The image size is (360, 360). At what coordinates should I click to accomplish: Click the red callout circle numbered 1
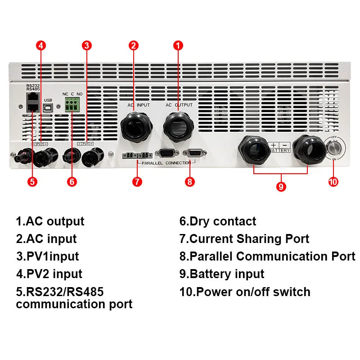(179, 45)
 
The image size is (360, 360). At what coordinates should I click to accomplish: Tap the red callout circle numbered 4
(41, 45)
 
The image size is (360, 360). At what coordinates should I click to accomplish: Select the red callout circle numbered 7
(138, 182)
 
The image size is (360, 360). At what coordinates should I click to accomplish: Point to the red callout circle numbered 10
(333, 182)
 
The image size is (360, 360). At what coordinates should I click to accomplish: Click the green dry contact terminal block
(72, 106)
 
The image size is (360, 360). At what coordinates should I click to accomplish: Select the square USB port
(48, 107)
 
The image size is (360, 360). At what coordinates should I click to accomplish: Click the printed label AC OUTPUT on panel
(179, 105)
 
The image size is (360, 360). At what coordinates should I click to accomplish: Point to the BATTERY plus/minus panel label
(279, 148)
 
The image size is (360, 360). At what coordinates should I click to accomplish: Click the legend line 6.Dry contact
(218, 221)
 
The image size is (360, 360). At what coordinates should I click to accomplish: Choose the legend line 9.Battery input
(222, 274)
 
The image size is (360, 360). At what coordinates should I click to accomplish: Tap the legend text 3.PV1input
(47, 256)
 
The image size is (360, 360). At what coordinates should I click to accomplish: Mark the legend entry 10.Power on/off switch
(245, 292)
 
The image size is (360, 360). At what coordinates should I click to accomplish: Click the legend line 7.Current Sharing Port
(244, 239)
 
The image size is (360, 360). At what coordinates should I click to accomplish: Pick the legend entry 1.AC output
(50, 221)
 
